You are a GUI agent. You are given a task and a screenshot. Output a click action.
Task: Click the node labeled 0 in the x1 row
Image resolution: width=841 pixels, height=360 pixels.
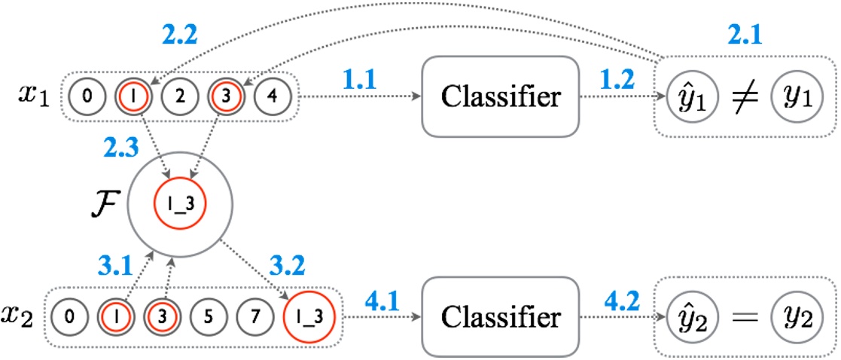(88, 97)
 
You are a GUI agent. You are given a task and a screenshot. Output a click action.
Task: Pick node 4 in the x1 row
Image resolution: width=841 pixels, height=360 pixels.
(272, 97)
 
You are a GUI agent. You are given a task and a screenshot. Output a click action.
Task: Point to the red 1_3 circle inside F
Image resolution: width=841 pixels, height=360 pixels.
(180, 204)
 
